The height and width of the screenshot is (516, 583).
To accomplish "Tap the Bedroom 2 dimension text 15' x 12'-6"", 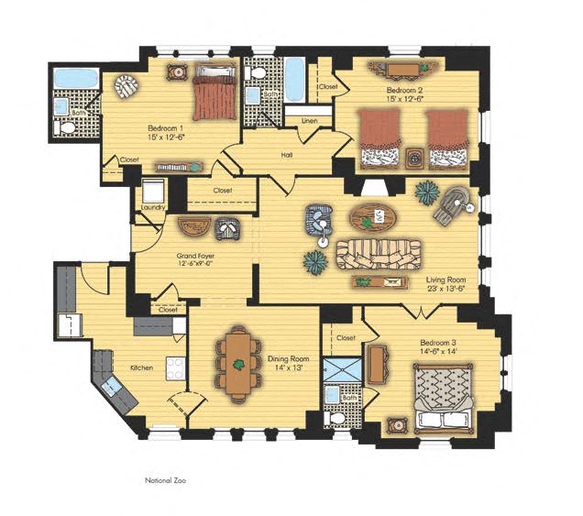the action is tap(405, 99).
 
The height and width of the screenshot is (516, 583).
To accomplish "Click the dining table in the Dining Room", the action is tap(237, 365).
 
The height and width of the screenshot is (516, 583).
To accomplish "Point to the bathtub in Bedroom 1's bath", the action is tap(76, 78).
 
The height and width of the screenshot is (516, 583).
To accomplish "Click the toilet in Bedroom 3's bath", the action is tap(335, 419).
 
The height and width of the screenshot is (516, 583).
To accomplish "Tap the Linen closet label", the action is tap(309, 121).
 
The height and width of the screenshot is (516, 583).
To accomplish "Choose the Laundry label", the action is tap(153, 207).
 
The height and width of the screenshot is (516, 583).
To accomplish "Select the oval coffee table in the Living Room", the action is tap(373, 218).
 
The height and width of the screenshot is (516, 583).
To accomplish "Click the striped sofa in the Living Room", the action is tap(379, 255).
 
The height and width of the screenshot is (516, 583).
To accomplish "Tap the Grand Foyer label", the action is tap(195, 256).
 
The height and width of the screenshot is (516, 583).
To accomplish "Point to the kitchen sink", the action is tap(112, 387).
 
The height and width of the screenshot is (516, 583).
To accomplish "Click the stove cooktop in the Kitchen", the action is tap(175, 368).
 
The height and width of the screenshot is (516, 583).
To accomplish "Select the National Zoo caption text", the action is tap(165, 480).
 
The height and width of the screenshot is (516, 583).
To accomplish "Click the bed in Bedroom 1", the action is tap(214, 93).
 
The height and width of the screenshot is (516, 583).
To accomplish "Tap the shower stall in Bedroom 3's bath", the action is tap(343, 369).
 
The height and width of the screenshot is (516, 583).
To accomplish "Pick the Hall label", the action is tap(287, 155).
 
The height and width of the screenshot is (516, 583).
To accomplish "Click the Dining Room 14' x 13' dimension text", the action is tap(289, 368).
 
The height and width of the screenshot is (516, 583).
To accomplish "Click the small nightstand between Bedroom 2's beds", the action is tap(413, 158).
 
